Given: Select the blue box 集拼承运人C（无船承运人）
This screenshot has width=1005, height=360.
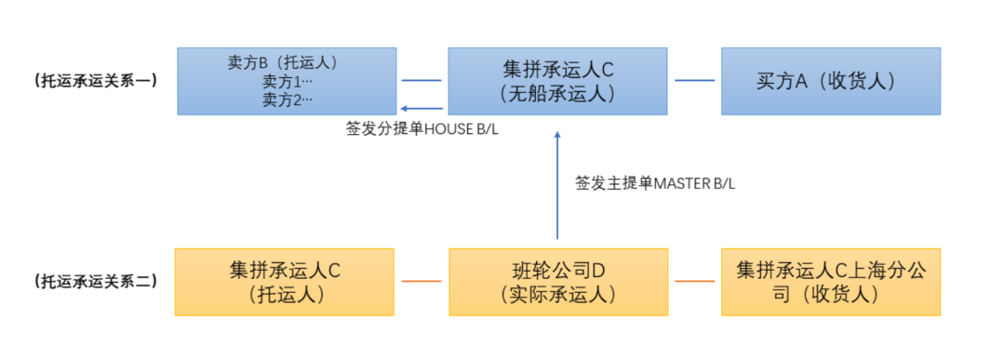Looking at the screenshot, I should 557,81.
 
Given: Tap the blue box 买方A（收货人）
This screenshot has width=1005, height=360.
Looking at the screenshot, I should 830,81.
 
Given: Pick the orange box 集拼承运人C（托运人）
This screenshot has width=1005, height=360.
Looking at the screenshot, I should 285,282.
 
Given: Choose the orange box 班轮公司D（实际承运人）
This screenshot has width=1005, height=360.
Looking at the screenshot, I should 557,282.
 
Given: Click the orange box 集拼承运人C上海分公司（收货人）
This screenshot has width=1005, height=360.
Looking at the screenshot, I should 830,282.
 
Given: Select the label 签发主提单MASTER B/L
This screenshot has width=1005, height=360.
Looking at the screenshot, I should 655,184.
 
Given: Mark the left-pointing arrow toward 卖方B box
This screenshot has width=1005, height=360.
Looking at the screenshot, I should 421,108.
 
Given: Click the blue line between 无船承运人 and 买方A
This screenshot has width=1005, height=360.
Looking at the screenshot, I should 694,80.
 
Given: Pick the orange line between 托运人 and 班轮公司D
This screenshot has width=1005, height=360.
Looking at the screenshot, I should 421,281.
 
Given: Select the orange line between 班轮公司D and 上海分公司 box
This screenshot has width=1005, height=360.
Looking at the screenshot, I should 694,281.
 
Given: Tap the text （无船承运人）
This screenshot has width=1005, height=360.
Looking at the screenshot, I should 557,94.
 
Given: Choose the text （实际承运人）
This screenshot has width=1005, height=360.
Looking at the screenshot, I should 557,295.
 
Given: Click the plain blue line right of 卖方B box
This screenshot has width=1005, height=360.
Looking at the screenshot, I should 421,80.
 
